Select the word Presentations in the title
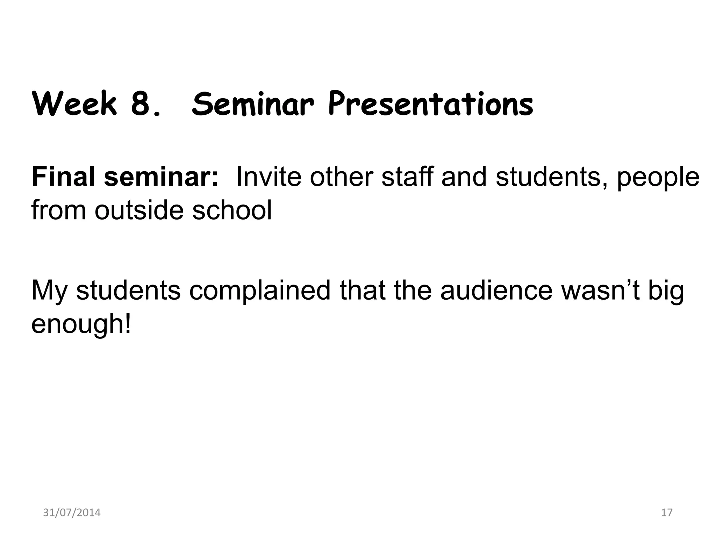click(x=431, y=104)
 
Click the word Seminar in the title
click(x=252, y=104)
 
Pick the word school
click(x=232, y=210)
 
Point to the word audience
click(x=496, y=290)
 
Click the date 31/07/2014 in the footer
click(x=72, y=513)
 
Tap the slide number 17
click(x=667, y=513)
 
